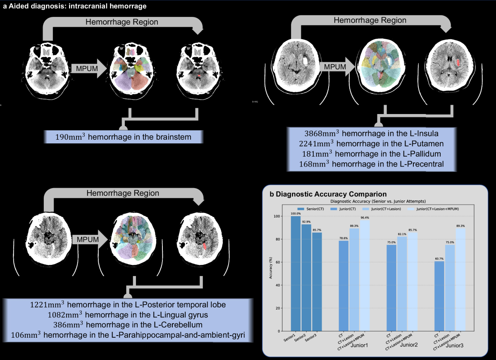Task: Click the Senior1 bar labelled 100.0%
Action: click(296, 273)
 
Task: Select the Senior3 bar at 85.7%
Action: click(317, 281)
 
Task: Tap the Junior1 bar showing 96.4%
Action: click(365, 275)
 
